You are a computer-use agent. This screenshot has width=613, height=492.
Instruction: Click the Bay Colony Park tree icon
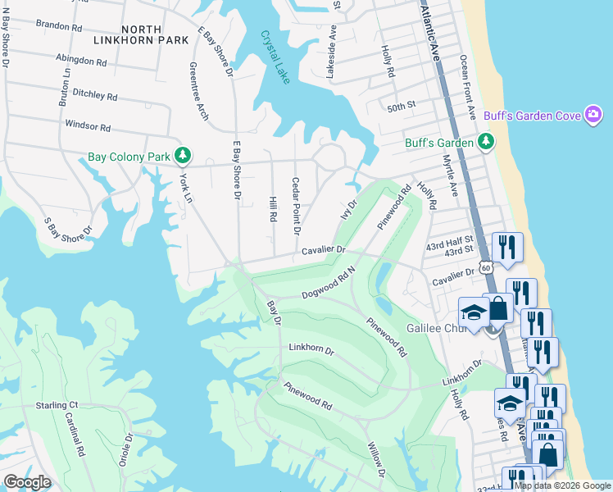184,155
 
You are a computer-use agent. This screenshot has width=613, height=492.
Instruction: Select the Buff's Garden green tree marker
486,142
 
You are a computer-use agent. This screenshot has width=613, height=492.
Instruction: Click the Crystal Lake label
275,57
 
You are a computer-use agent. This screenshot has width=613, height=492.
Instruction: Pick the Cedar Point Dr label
296,204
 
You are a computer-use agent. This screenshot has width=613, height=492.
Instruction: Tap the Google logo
27,482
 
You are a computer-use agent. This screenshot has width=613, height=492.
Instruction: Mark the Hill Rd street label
273,208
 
